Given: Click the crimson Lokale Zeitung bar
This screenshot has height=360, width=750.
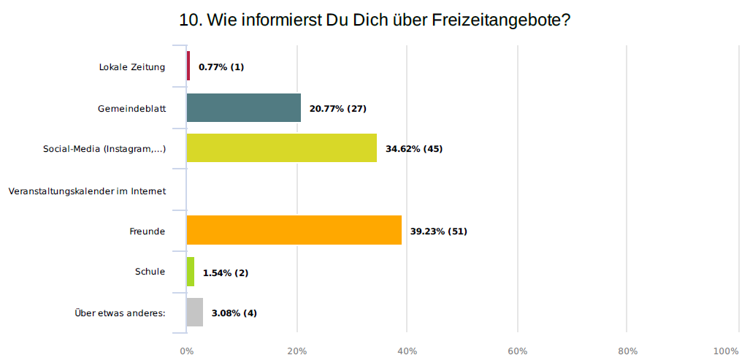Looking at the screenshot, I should [x=188, y=66].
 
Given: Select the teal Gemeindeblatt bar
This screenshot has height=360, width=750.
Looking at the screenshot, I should [x=244, y=108].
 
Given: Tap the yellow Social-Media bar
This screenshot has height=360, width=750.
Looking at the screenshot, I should [x=282, y=148].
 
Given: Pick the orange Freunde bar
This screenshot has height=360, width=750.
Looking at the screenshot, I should [x=294, y=231].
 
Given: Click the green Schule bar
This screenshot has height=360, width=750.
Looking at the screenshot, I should [x=191, y=272].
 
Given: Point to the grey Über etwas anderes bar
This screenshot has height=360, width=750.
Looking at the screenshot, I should [x=195, y=313].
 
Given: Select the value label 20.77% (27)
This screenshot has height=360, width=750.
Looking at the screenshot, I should [x=337, y=109].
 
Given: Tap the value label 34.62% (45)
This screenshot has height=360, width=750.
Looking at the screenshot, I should [x=414, y=149].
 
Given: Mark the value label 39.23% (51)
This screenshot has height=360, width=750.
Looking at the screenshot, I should [x=438, y=231].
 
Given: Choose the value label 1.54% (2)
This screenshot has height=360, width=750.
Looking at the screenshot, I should [x=226, y=272].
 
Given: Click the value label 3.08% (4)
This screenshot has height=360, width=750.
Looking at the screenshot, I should [x=234, y=313].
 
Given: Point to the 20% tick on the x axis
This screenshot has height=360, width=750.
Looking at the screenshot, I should [x=297, y=351].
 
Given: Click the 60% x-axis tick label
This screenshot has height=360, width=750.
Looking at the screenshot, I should [x=518, y=351].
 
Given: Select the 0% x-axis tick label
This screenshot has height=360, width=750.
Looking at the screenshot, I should [x=187, y=351].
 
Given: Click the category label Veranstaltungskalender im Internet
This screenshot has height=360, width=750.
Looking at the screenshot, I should [x=88, y=191].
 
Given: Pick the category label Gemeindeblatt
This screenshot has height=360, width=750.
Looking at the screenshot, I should [x=132, y=109].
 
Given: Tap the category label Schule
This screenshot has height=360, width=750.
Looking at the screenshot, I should [x=150, y=272].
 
